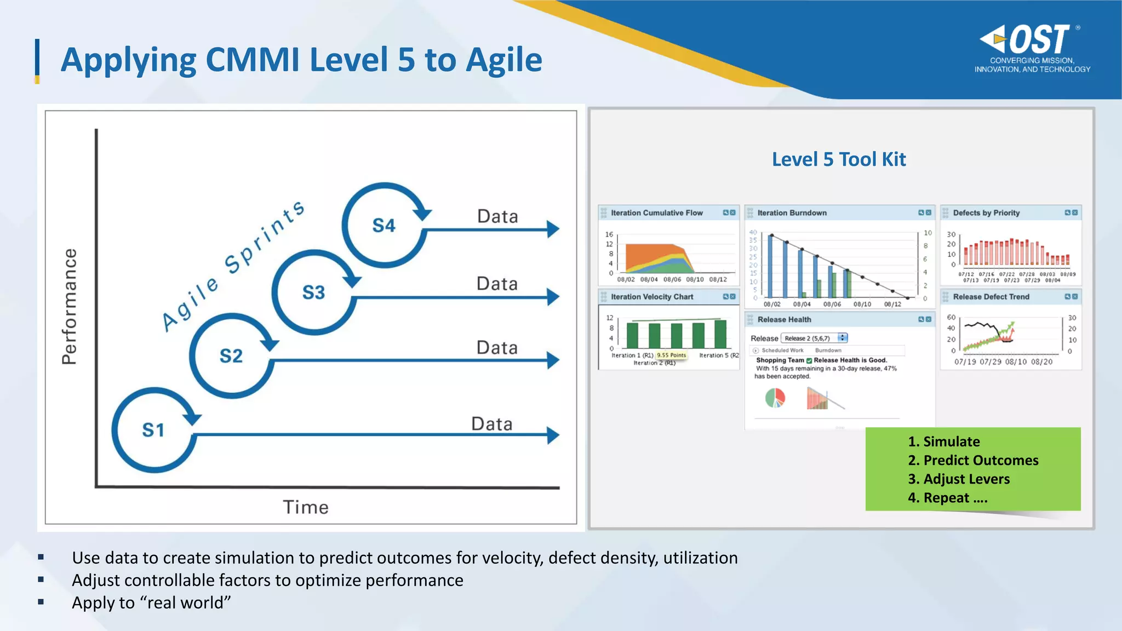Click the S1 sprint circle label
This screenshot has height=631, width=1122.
[153, 430]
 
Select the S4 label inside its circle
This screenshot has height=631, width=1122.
[383, 225]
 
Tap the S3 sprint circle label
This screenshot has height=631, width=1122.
[313, 292]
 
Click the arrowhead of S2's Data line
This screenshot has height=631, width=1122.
[553, 360]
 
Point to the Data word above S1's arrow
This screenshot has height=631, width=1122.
[491, 423]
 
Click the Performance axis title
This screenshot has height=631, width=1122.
[70, 307]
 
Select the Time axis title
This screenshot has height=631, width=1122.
[306, 507]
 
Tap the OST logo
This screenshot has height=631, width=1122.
[1030, 41]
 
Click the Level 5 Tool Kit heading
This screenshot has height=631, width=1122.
[839, 159]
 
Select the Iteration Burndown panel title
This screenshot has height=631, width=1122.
[792, 213]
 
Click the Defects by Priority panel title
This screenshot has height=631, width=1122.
[986, 213]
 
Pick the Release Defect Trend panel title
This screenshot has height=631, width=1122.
[991, 296]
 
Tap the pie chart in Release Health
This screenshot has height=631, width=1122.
[775, 398]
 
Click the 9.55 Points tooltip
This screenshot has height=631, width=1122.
[671, 355]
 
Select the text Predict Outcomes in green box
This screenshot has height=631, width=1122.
[981, 460]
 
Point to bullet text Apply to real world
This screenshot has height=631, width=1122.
[151, 603]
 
